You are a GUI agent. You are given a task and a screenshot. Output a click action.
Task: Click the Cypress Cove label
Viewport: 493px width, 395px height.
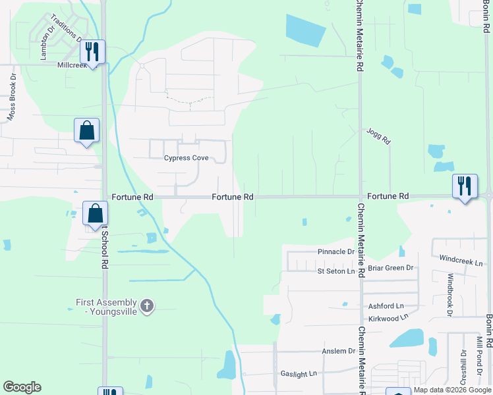186,158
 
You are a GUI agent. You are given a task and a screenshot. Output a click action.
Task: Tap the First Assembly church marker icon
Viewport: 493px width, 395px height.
147,306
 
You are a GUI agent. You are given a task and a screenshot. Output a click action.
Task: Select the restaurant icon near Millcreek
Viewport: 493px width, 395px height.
92,51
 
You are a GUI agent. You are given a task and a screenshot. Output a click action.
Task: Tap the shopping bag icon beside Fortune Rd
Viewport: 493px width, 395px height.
95,213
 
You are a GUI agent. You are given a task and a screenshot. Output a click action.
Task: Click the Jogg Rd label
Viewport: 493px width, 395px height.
379,136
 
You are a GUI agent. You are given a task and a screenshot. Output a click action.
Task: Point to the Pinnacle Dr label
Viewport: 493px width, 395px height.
336,252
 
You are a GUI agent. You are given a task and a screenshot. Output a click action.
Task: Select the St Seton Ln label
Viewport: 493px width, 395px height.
336,271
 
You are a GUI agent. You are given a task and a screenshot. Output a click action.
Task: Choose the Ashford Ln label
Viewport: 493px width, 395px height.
386,306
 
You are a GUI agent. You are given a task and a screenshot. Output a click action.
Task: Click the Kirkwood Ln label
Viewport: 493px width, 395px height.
386,317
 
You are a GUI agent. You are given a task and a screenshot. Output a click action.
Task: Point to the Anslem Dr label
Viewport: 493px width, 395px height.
339,352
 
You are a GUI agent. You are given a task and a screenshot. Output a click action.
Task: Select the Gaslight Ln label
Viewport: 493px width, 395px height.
299,373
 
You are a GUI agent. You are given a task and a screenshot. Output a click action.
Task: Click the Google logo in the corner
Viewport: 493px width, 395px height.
22,387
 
